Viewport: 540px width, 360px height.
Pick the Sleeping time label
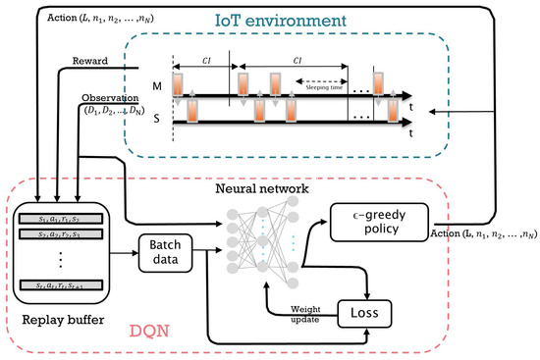point(323,82)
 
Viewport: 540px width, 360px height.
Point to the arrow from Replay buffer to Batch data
point(123,252)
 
